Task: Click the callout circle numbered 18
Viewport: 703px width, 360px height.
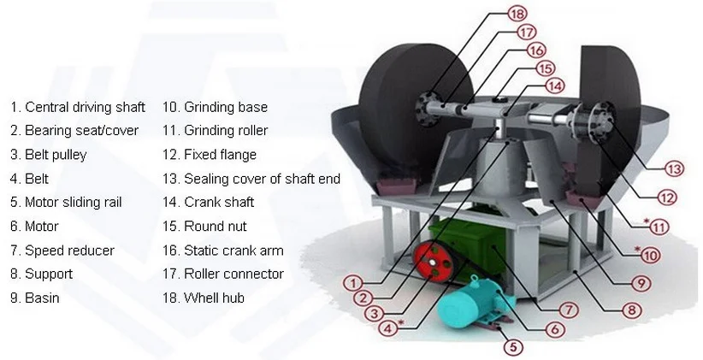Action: pos(516,15)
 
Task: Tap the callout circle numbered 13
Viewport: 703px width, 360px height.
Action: pos(675,169)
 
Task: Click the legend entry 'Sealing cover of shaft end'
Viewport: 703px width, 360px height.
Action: pos(251,179)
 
